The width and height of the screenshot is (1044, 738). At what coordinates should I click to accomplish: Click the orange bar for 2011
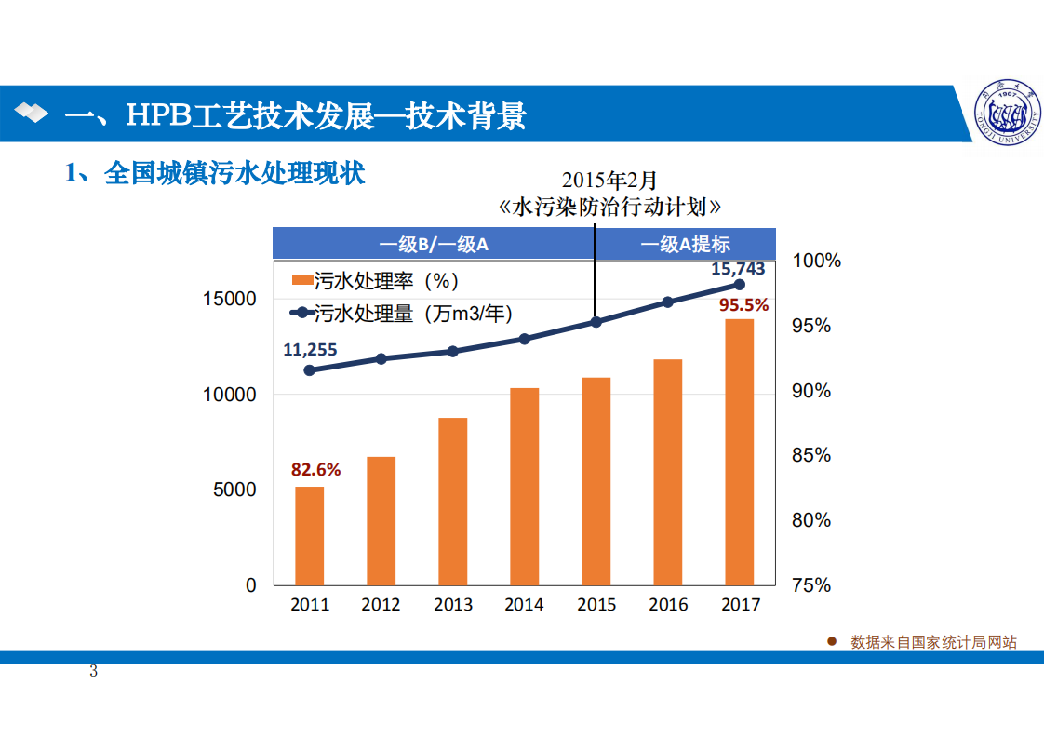pos(310,535)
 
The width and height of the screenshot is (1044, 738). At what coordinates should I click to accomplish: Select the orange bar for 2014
pos(525,486)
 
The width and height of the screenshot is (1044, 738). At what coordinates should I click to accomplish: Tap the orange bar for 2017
pos(740,451)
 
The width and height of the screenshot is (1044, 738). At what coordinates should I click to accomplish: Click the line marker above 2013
pos(453,352)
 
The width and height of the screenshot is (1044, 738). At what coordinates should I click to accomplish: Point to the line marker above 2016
pos(668,302)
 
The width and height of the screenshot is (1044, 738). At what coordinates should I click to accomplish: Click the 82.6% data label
pos(316,470)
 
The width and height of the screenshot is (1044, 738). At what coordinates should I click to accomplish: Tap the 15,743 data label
pos(738,269)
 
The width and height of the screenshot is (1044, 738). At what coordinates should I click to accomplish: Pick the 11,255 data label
pos(310,350)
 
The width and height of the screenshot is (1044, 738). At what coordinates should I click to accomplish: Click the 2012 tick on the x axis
pos(381,605)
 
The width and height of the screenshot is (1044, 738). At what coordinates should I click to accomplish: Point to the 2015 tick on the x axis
pos(596,605)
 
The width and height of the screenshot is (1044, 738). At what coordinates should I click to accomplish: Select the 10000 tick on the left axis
pos(229,395)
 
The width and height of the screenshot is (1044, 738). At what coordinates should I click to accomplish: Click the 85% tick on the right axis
pos(811,456)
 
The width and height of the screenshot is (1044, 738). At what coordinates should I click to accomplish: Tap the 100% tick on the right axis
pos(816,262)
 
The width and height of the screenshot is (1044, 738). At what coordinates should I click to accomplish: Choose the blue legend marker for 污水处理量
pos(301,314)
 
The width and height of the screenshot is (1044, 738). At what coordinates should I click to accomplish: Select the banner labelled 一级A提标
pos(685,245)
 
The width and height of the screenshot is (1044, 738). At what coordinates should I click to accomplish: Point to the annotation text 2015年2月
pos(609,180)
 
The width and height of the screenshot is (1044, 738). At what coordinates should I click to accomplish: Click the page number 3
pos(94,672)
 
